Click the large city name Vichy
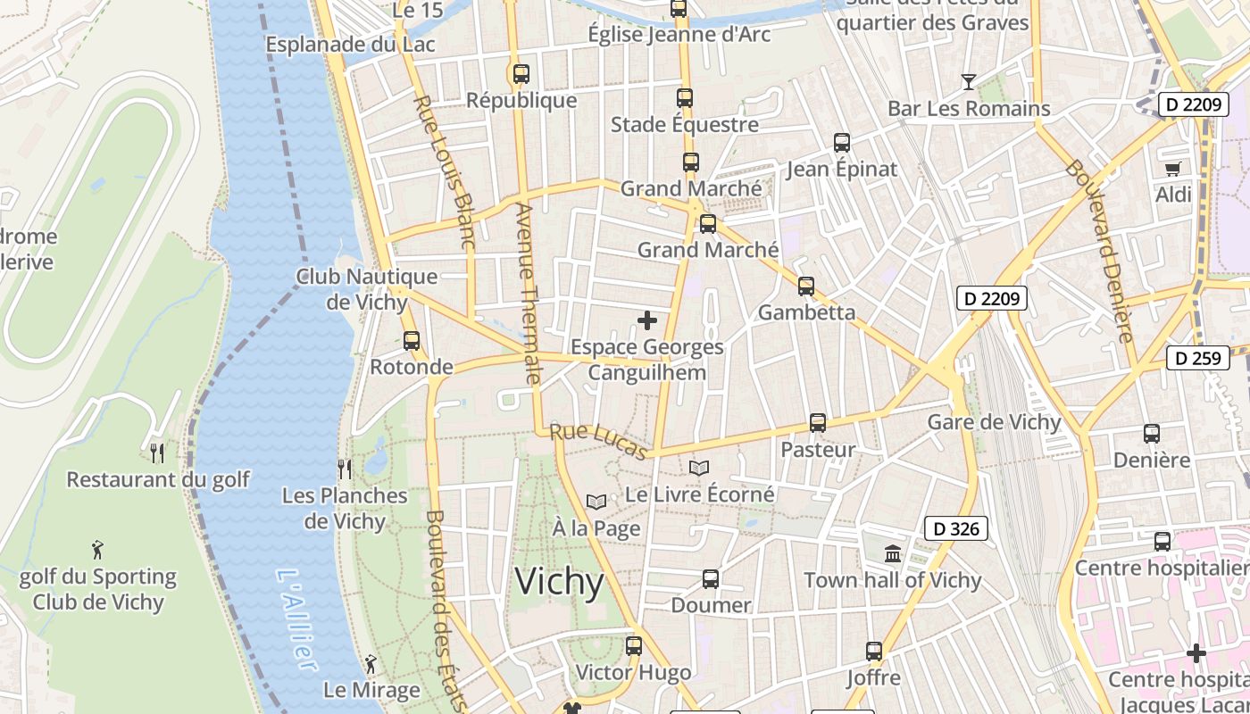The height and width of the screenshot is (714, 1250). click(560, 582)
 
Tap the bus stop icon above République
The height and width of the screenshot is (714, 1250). click(521, 73)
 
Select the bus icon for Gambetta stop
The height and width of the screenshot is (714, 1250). click(806, 286)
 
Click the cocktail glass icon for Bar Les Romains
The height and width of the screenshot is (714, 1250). click(969, 82)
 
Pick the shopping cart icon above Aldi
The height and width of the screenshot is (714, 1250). click(1173, 168)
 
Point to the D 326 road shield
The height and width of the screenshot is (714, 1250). click(956, 528)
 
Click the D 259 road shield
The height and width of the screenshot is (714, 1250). click(1197, 358)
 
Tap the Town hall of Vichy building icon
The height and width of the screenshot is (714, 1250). click(893, 554)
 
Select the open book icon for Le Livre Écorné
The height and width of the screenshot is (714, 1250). click(699, 468)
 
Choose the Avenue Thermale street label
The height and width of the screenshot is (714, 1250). click(529, 295)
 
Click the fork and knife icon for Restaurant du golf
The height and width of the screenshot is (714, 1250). click(158, 453)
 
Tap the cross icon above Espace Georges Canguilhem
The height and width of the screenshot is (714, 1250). click(647, 320)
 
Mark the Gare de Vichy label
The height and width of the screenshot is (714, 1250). click(995, 422)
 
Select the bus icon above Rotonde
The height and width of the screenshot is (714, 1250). click(412, 340)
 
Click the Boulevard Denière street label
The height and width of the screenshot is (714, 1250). click(1100, 252)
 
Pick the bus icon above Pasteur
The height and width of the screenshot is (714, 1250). click(818, 423)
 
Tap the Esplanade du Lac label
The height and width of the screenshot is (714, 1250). click(350, 44)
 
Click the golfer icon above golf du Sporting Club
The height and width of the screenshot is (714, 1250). click(97, 550)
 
